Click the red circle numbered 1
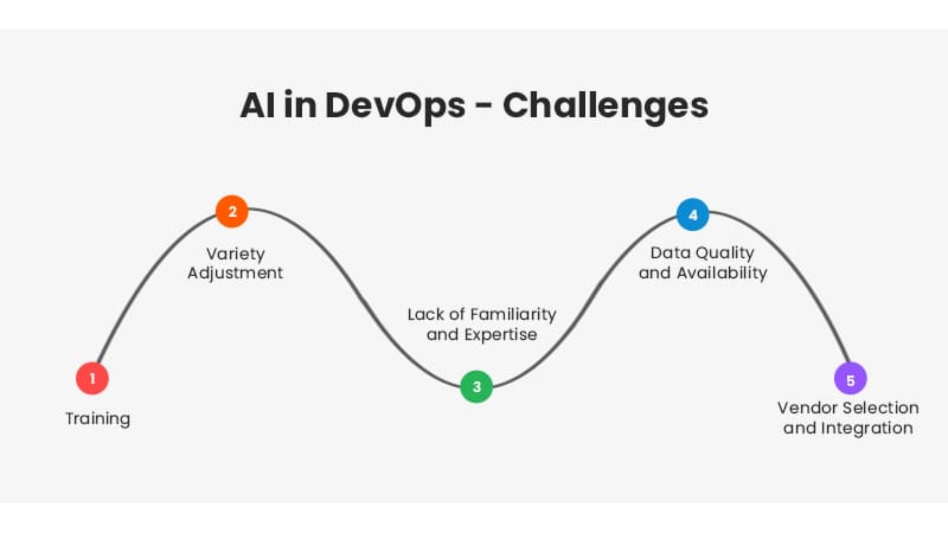pos(92,378)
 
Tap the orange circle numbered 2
pos(232,212)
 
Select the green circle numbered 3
pos(477,387)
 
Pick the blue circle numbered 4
pos(693,215)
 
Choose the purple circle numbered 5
pos(850,379)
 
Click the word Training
pos(98,419)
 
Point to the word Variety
pos(236,254)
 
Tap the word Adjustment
pos(235,273)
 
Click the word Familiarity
pos(513,315)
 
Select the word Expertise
pos(501,335)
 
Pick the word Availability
pos(722,273)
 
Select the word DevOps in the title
pos(395,106)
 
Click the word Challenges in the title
pos(605,106)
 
